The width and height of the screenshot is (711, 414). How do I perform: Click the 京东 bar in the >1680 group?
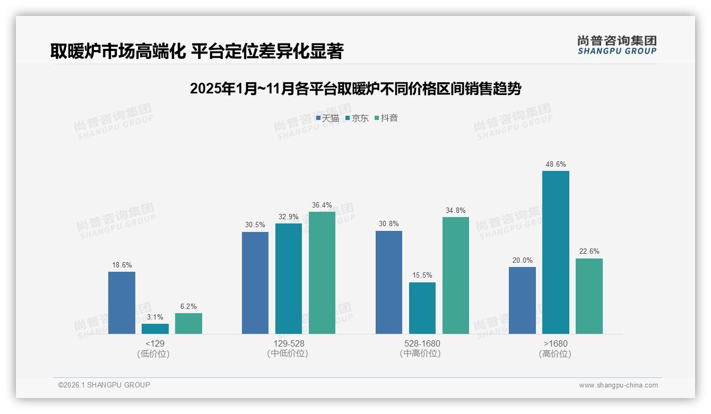click(x=556, y=252)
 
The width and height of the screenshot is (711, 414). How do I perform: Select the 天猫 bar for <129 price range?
click(x=122, y=303)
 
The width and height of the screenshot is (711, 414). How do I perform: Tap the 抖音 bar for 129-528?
click(x=322, y=273)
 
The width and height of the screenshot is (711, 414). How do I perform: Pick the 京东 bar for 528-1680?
click(x=422, y=308)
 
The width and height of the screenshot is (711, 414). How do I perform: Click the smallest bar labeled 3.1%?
click(x=155, y=329)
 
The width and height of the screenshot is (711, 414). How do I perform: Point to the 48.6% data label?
click(x=556, y=165)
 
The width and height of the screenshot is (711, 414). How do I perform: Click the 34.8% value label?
click(x=456, y=211)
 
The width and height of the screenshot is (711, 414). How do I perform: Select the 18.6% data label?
click(x=122, y=265)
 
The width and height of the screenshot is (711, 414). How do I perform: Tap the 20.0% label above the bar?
click(x=522, y=261)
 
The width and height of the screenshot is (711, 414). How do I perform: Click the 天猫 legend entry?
click(x=327, y=118)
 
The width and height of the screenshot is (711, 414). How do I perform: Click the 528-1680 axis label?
click(x=422, y=343)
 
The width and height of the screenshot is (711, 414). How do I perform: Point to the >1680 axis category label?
click(x=556, y=343)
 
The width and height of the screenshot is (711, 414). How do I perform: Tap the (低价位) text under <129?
click(x=154, y=353)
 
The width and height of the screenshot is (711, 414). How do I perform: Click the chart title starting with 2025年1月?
click(x=355, y=88)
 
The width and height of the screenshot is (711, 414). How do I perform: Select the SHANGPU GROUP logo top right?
click(x=617, y=45)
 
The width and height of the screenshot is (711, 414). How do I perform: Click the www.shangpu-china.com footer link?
click(x=618, y=385)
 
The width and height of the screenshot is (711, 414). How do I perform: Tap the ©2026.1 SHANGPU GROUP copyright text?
click(x=104, y=385)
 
